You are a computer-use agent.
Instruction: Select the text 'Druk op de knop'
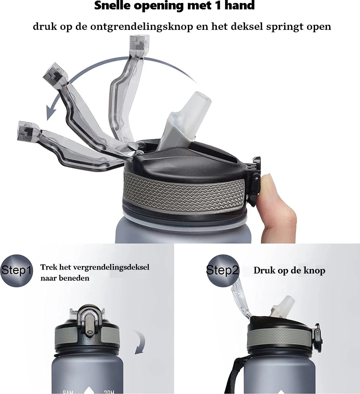click(289, 271)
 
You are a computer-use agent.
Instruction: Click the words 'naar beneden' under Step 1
click(65, 278)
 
